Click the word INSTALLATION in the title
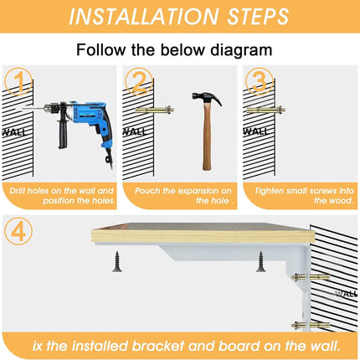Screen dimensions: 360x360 point(144,17)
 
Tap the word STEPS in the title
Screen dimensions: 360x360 point(258,17)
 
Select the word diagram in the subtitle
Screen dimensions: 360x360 point(241,50)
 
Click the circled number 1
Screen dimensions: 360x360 point(18,81)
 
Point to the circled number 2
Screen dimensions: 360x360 point(139,81)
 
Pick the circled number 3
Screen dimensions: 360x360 point(260,81)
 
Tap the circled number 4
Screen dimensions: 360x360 point(18,231)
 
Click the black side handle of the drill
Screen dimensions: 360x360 point(63,132)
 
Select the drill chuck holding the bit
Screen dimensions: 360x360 point(51,108)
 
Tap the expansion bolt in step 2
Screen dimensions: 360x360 point(155,110)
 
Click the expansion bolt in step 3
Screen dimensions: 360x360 point(266,110)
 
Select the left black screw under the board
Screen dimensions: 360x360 point(117,261)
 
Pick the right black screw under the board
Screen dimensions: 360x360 point(260,261)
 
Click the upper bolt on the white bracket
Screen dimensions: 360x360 point(311,277)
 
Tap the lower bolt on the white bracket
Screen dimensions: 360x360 point(311,325)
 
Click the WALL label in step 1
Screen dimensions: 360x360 point(14,132)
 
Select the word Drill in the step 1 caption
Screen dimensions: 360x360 point(18,191)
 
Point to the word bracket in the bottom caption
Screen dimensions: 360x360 point(158,346)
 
